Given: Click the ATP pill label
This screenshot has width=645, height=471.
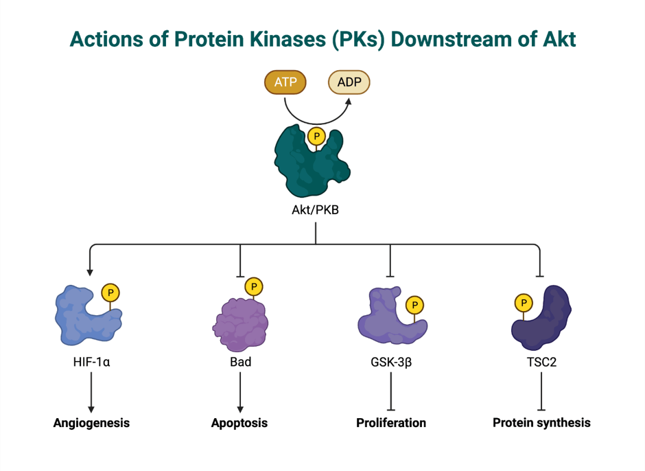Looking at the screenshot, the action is click(285, 82).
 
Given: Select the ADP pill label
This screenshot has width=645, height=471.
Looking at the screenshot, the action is click(349, 82).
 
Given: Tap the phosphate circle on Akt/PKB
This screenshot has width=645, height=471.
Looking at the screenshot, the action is click(316, 136).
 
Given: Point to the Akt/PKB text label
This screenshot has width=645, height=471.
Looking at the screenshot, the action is click(315, 210).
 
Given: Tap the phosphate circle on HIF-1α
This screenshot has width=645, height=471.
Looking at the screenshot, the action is click(110, 292).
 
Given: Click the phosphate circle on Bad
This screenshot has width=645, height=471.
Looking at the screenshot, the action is click(254, 286).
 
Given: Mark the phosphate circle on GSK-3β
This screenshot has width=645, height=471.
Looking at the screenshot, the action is click(414, 305).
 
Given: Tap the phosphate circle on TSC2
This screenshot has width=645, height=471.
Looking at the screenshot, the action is click(524, 303).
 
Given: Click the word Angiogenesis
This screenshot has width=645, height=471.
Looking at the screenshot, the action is click(91, 423).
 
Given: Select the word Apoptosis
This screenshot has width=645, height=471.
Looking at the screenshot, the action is click(239, 423).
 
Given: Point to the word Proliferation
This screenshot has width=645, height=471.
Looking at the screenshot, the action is click(391, 423).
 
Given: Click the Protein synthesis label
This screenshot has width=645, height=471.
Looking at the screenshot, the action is click(542, 423).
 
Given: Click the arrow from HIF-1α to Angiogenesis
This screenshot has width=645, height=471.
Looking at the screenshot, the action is click(91, 392).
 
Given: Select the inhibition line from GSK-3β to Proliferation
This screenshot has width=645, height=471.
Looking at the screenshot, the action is click(391, 391).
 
